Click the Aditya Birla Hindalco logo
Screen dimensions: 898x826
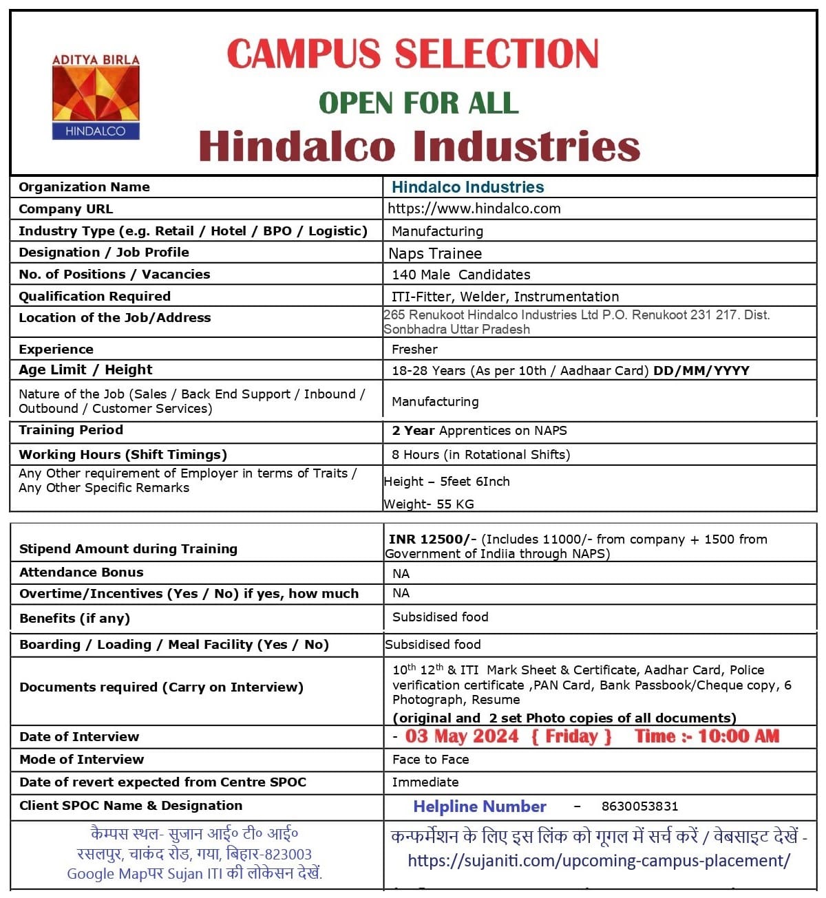coord(96,96)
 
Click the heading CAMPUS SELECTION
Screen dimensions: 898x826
coord(412,54)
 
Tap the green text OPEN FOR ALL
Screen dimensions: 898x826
coord(418,103)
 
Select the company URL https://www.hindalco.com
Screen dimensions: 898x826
coord(474,209)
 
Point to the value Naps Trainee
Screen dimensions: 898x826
coord(435,253)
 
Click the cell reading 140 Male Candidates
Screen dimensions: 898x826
coord(461,275)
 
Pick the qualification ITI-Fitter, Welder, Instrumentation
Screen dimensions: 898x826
coord(505,297)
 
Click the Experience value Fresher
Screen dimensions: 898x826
coord(414,349)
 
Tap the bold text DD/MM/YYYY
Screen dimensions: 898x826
coord(701,370)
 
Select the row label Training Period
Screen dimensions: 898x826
coord(71,430)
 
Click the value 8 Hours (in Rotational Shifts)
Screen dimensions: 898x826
coord(480,455)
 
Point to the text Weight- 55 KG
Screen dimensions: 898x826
coord(429,504)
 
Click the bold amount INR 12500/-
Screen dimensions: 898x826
coord(432,539)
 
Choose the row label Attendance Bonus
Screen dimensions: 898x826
coord(81,573)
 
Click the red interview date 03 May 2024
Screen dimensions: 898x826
coord(462,736)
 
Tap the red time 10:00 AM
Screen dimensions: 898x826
coord(739,736)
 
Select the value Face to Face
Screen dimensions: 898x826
coord(430,760)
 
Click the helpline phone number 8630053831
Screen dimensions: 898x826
coord(639,806)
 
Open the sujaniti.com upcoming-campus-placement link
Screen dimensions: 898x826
coord(599,861)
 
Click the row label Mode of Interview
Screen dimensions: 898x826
coord(81,760)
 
